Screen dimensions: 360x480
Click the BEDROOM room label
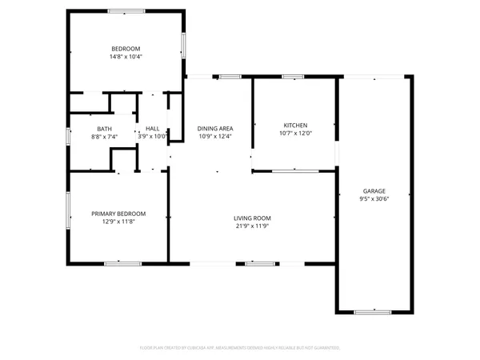(x=126, y=49)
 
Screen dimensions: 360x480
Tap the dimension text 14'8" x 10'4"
(x=126, y=57)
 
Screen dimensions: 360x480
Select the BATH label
(x=104, y=129)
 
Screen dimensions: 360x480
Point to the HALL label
(x=152, y=129)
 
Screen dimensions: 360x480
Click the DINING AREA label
(x=215, y=129)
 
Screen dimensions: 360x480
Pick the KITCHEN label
(x=295, y=125)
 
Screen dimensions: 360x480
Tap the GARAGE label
(x=374, y=190)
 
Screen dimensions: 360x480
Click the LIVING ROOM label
(x=252, y=218)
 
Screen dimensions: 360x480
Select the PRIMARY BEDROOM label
(x=118, y=214)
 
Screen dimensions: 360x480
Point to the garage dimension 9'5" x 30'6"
(x=374, y=198)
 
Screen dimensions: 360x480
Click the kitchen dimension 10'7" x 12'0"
(x=295, y=133)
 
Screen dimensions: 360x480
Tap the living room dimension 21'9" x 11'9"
(x=252, y=226)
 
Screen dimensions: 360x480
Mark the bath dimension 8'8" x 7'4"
(x=104, y=137)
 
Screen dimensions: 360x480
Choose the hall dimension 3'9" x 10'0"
(x=152, y=137)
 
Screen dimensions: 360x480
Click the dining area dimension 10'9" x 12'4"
(x=215, y=137)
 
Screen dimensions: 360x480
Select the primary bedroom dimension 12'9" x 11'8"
(x=118, y=222)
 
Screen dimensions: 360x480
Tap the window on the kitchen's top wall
(x=293, y=77)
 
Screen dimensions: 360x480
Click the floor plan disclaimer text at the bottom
(x=240, y=348)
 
